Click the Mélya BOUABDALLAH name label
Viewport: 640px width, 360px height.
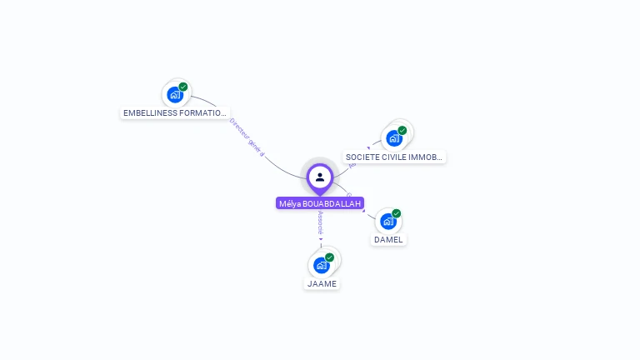click(320, 203)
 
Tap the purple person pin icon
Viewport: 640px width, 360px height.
click(320, 177)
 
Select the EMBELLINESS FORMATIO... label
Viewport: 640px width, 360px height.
click(174, 112)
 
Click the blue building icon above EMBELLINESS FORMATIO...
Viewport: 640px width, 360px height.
click(174, 94)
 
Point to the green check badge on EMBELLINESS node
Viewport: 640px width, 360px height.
click(183, 87)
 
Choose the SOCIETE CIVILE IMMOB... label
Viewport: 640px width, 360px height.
click(394, 157)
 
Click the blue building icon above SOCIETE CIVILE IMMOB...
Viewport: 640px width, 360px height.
click(393, 138)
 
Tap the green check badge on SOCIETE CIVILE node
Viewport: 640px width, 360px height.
click(402, 131)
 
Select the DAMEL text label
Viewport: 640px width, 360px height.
click(388, 239)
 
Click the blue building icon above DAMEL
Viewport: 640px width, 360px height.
click(387, 222)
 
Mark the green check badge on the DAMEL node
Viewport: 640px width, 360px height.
click(397, 213)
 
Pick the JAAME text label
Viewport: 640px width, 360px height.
click(322, 283)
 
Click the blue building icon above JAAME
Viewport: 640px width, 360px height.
click(321, 265)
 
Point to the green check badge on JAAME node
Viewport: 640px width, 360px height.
click(330, 257)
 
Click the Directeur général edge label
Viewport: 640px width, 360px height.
click(247, 137)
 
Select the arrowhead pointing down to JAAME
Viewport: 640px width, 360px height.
click(321, 239)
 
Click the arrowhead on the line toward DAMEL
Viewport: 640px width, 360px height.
click(364, 210)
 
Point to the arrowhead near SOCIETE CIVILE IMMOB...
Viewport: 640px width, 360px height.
click(368, 148)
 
